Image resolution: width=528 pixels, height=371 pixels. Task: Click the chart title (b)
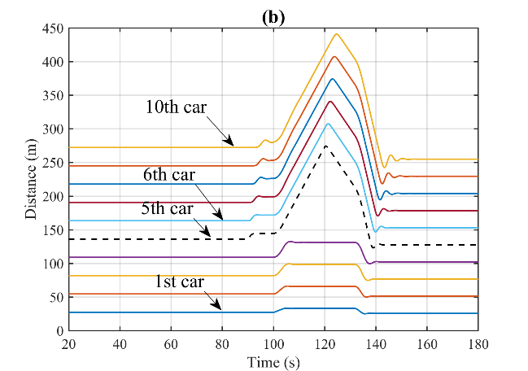coord(273,16)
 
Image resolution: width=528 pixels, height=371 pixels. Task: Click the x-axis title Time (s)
coord(273,360)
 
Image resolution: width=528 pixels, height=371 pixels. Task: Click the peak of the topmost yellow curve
coord(337,34)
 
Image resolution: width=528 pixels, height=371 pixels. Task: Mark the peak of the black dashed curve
coord(325,146)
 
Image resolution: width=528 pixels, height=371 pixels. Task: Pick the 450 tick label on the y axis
coord(52,28)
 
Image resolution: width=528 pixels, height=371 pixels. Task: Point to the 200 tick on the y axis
coord(52,196)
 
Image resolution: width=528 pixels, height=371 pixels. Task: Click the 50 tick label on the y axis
coord(55,298)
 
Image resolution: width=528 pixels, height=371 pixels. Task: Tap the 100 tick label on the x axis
coord(273,344)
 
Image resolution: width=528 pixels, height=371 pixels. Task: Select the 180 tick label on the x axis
coord(478,344)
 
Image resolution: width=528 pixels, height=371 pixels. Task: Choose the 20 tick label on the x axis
coord(69,344)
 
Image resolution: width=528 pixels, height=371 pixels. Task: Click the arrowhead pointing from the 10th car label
coord(233,145)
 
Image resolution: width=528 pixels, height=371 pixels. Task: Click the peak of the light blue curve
coord(328,124)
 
